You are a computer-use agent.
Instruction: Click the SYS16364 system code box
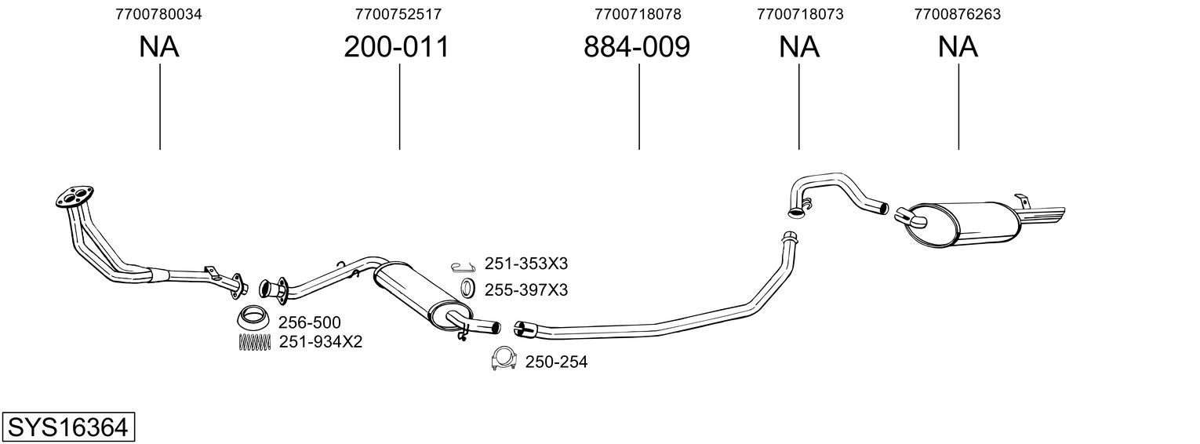68,427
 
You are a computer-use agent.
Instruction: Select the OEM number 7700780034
158,14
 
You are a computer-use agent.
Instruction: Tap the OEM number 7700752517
398,14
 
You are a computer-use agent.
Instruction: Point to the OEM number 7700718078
638,14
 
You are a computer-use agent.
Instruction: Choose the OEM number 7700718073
800,14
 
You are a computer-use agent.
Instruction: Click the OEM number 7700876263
958,14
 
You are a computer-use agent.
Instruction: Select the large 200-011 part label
396,47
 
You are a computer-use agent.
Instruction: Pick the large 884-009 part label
636,47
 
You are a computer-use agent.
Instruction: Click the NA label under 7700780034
159,47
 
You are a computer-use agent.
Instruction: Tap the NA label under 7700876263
958,47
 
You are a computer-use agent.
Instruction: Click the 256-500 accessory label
310,322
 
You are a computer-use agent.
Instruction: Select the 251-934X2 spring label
320,342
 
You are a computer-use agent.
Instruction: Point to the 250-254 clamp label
556,362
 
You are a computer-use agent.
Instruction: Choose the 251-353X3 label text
526,264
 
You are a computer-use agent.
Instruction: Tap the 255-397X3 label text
526,289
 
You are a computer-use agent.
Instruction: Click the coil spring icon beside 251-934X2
253,342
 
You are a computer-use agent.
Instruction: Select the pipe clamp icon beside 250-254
504,359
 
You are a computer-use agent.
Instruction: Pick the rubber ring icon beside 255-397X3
468,288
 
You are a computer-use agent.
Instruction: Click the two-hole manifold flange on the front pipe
75,197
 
